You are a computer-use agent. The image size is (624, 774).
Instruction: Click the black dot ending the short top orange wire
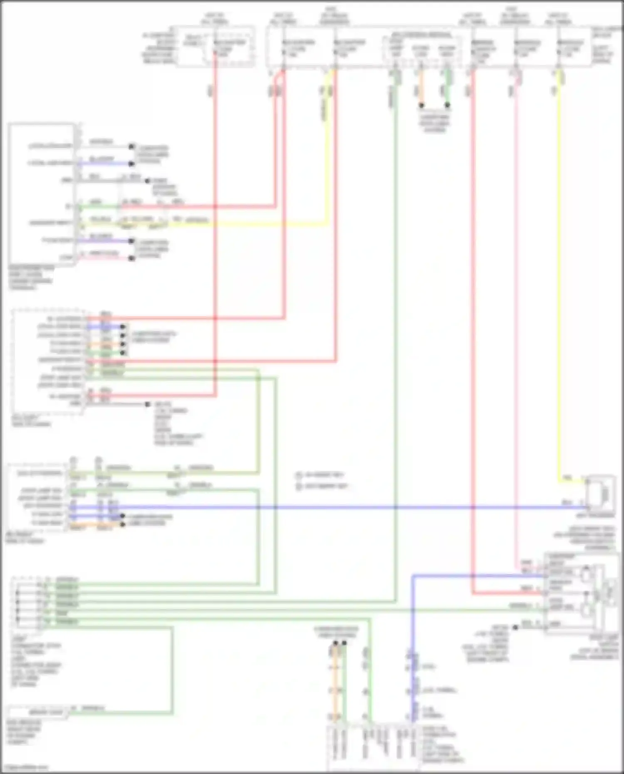[421, 106]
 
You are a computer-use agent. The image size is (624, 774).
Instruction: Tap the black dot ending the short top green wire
[447, 106]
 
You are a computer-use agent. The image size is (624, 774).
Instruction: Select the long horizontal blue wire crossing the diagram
[333, 507]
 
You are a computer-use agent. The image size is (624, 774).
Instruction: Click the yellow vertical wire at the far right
[560, 291]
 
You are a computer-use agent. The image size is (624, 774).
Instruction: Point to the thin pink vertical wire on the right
[515, 333]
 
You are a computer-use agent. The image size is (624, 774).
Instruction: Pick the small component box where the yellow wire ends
[600, 494]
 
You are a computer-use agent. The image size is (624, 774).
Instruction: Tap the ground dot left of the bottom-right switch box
[515, 627]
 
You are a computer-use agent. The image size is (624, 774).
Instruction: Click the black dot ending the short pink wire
[132, 258]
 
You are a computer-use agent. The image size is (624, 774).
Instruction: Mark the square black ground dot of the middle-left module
[147, 404]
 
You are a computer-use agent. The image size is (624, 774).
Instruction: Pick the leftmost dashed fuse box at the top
[215, 46]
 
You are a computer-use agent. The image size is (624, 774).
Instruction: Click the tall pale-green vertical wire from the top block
[396, 333]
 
